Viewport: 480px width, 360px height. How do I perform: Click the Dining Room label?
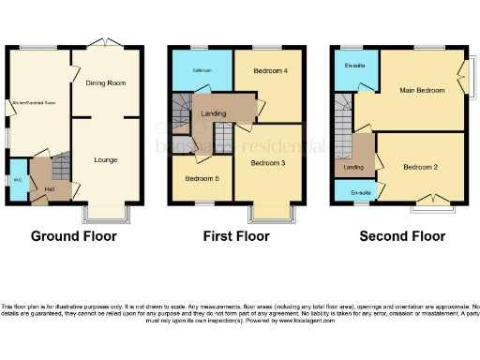[x=105, y=83]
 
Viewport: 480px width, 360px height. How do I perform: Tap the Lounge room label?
[x=105, y=159]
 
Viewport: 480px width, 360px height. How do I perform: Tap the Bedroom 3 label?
[x=267, y=164]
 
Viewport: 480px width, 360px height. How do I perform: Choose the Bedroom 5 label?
[x=201, y=178]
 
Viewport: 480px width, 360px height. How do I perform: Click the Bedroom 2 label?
[x=421, y=168]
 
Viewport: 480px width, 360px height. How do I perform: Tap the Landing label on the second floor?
[x=353, y=168]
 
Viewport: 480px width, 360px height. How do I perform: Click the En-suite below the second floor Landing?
[x=359, y=192]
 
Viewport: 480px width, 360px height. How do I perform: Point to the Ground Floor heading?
[x=74, y=236]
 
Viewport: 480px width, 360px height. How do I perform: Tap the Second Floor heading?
[x=402, y=236]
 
